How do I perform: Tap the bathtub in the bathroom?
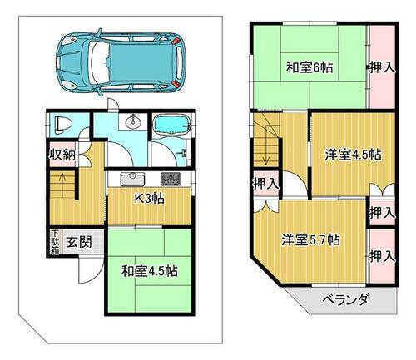(172, 126)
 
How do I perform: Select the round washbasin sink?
(133, 122)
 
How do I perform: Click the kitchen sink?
(133, 179)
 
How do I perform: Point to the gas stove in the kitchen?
(171, 179)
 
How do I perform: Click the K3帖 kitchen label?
(150, 199)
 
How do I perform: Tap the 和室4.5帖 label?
(150, 271)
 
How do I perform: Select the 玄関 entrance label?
(79, 243)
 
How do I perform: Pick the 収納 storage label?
(62, 155)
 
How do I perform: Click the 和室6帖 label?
(310, 67)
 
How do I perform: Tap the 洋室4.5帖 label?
(353, 155)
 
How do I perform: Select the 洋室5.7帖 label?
(310, 239)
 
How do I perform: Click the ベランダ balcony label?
(346, 300)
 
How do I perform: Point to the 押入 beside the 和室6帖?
(383, 67)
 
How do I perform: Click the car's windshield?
(99, 62)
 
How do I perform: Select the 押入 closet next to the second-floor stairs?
(266, 184)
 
